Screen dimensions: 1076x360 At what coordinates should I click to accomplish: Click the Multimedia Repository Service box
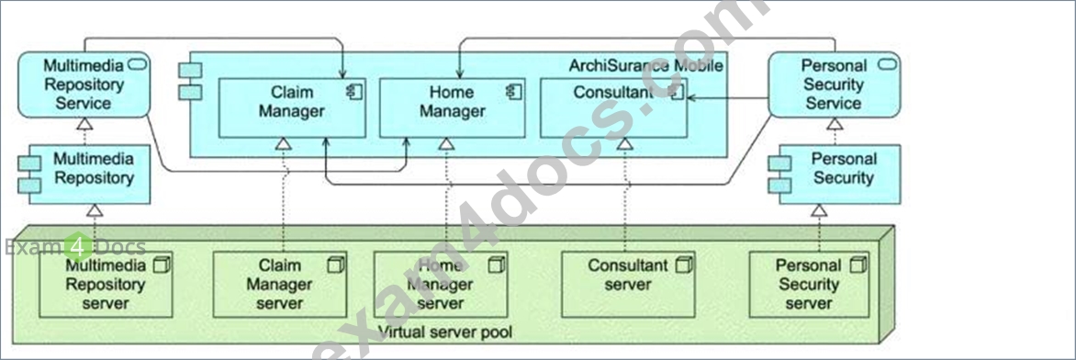pos(83,84)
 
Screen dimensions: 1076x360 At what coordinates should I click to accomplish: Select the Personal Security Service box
pos(834,84)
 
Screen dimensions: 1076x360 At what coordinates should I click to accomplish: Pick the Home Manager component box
pos(453,107)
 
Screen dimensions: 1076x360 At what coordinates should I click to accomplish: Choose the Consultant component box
pos(613,107)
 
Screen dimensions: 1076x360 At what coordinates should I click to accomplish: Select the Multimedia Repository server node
pos(106,285)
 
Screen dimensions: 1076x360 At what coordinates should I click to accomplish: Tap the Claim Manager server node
pos(280,285)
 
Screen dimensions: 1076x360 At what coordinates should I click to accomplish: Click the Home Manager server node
pos(441,285)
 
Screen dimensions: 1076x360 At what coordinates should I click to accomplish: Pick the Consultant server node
pos(628,285)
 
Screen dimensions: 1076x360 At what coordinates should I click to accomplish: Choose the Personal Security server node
pos(809,285)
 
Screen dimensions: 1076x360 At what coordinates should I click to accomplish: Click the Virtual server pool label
pos(444,333)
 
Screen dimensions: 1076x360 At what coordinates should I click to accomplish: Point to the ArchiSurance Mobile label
pos(645,66)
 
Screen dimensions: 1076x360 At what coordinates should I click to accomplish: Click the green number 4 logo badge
pos(78,247)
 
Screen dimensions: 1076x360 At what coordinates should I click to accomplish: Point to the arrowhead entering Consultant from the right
pos(691,98)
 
